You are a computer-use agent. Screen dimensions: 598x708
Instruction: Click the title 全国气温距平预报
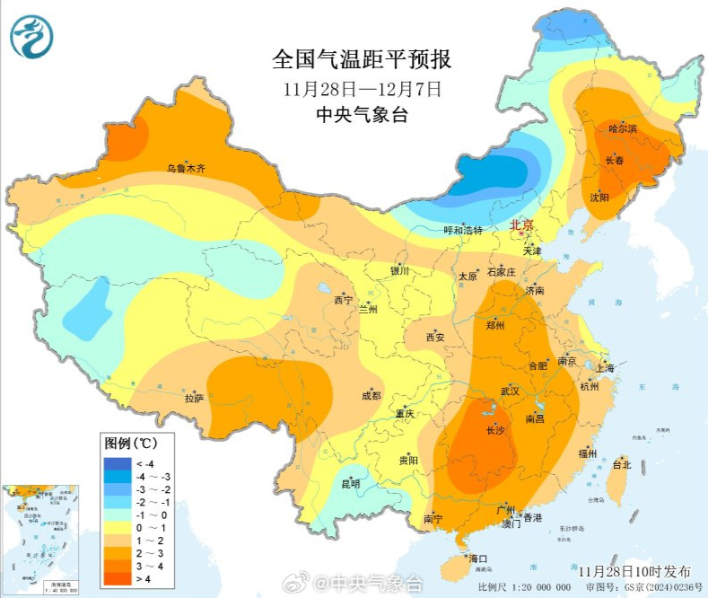pos(362,60)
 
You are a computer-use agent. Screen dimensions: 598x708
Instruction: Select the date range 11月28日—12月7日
pos(362,89)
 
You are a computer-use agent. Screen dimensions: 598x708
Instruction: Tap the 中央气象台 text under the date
pos(362,115)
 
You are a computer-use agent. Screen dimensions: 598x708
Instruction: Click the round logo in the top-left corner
pos(32,37)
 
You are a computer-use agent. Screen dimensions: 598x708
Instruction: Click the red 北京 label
pos(521,225)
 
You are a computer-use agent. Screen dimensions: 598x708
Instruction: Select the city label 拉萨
pos(194,398)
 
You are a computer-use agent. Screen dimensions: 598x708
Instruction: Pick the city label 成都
pos(371,395)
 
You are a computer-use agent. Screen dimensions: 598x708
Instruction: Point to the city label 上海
pos(605,368)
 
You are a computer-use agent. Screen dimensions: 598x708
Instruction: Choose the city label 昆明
pos(350,484)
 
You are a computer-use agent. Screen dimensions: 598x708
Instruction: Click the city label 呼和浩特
pos(463,231)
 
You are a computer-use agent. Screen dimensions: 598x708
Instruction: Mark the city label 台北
pos(621,465)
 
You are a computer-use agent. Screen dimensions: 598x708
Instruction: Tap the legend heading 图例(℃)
pos(131,444)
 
